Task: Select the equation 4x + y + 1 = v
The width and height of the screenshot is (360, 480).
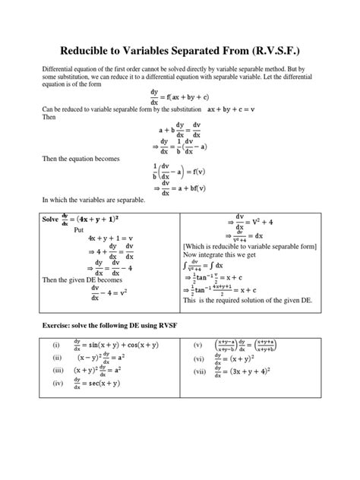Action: [111, 238]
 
